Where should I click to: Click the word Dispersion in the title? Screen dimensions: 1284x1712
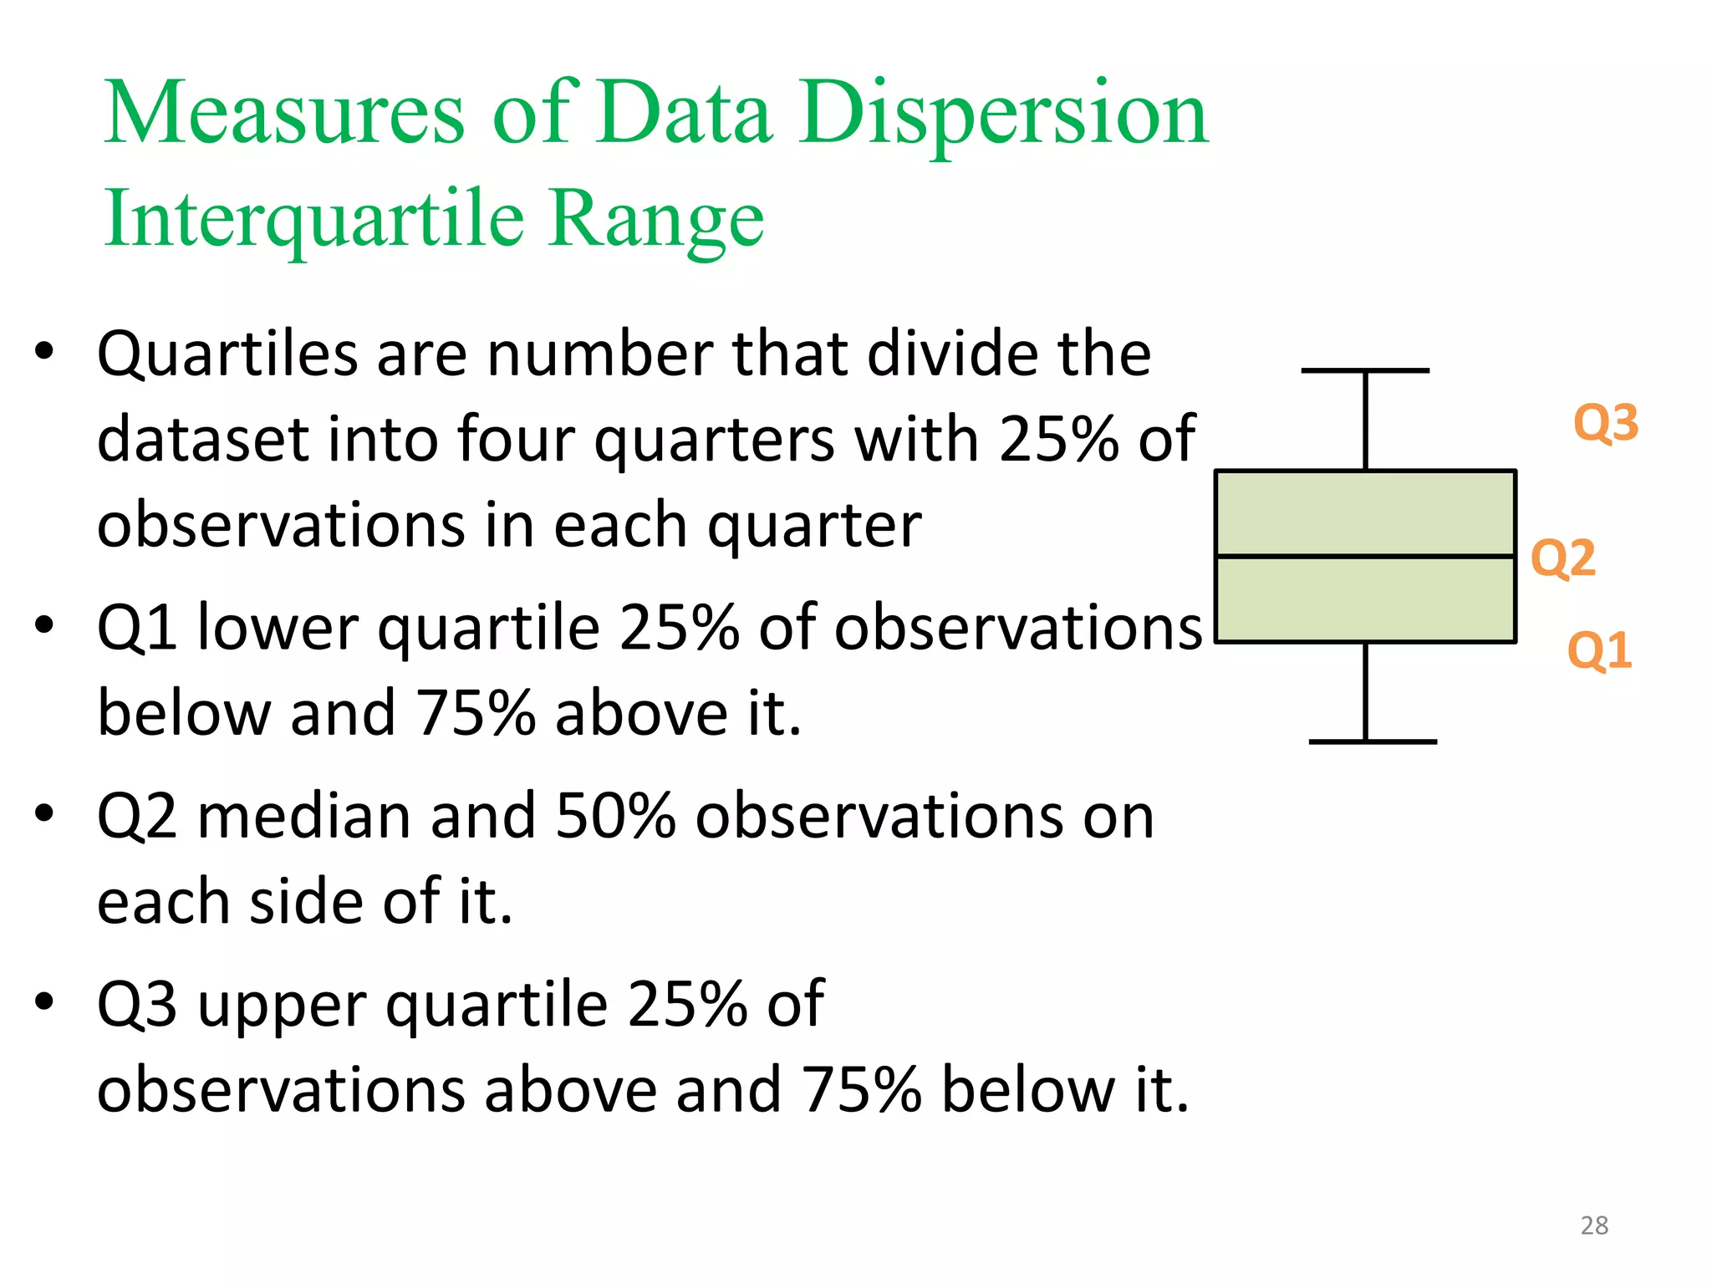tap(1003, 115)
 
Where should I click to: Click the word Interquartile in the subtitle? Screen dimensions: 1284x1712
tap(313, 219)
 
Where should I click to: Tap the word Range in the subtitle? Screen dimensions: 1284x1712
tap(656, 219)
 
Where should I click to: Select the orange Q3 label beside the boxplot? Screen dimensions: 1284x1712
tap(1605, 423)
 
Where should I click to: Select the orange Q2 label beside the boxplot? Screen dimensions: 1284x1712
tap(1562, 558)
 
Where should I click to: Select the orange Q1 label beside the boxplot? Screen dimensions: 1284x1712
tap(1598, 651)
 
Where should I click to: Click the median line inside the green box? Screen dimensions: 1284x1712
tap(1365, 556)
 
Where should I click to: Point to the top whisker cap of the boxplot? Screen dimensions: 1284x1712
tap(1365, 370)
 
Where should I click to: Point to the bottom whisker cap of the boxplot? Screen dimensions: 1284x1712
tap(1372, 741)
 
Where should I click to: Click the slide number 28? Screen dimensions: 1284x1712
tap(1594, 1225)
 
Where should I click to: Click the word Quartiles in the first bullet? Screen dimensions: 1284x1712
tap(227, 354)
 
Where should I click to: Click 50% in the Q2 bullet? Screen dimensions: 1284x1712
tap(614, 817)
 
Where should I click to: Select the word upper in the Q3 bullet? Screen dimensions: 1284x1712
tap(283, 1006)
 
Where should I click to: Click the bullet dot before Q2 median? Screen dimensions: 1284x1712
tap(44, 813)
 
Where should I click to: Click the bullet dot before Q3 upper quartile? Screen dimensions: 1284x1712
tap(44, 1001)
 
